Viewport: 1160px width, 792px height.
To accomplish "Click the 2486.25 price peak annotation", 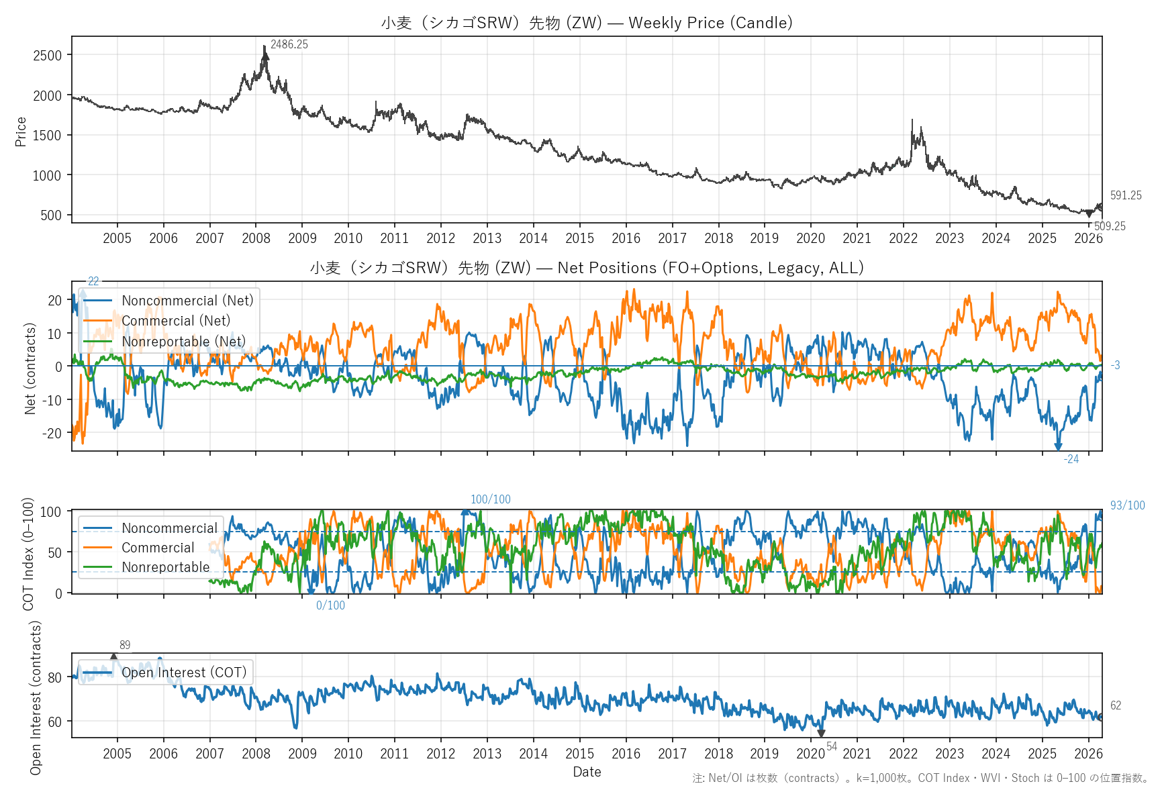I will [289, 45].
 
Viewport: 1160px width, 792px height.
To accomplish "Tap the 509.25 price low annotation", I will [1110, 226].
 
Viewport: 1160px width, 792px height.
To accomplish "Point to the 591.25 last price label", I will [1126, 195].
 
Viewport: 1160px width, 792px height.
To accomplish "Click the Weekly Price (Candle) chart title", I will [587, 23].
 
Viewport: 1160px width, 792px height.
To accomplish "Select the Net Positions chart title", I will [587, 268].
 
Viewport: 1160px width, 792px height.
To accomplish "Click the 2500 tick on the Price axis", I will [48, 56].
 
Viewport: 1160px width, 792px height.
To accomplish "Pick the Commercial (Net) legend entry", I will [175, 321].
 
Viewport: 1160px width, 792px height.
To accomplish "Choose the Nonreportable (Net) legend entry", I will [183, 342].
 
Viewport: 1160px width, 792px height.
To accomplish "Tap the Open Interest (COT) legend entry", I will [184, 673].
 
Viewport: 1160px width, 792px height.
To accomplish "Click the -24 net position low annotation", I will [1071, 459].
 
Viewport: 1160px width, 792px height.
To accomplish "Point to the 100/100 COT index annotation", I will [490, 499].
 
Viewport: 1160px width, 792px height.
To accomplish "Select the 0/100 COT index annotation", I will [330, 605].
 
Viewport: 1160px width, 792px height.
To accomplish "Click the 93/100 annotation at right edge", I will [1127, 505].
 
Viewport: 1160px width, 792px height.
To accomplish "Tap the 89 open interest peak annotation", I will [125, 645].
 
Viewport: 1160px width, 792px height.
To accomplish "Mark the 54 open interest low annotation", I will [832, 746].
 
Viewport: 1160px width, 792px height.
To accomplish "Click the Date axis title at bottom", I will [587, 772].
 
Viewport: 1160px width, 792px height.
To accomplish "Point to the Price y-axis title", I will [21, 132].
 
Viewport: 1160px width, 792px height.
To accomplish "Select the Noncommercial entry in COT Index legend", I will [169, 528].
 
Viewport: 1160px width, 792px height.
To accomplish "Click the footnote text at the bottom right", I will [920, 778].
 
